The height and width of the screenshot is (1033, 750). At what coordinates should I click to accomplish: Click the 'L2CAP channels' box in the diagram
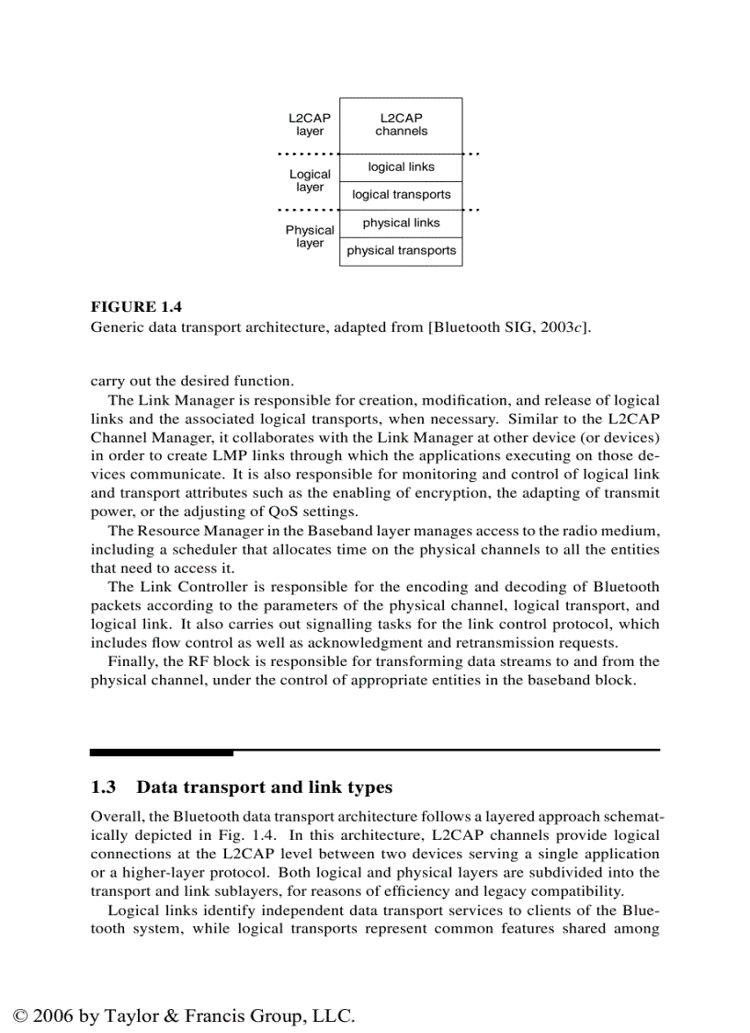point(401,125)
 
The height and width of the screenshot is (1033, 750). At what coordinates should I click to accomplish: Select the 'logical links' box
point(401,167)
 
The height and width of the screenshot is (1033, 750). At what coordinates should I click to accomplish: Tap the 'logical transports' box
point(401,195)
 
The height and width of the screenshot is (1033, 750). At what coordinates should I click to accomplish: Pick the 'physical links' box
point(401,224)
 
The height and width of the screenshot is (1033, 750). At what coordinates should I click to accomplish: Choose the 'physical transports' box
point(401,251)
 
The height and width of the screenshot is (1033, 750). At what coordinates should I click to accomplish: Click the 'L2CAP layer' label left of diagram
point(310,125)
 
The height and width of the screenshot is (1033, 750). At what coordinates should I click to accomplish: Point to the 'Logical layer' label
point(310,180)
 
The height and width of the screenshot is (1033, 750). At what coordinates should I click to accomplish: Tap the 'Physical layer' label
point(310,236)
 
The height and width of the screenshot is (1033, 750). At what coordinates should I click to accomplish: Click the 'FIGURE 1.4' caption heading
point(135,307)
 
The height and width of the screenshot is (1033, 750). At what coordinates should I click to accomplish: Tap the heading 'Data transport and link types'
point(264,787)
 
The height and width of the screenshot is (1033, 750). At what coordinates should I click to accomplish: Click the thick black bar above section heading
point(162,752)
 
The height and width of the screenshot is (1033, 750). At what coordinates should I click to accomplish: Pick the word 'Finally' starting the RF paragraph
point(132,661)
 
